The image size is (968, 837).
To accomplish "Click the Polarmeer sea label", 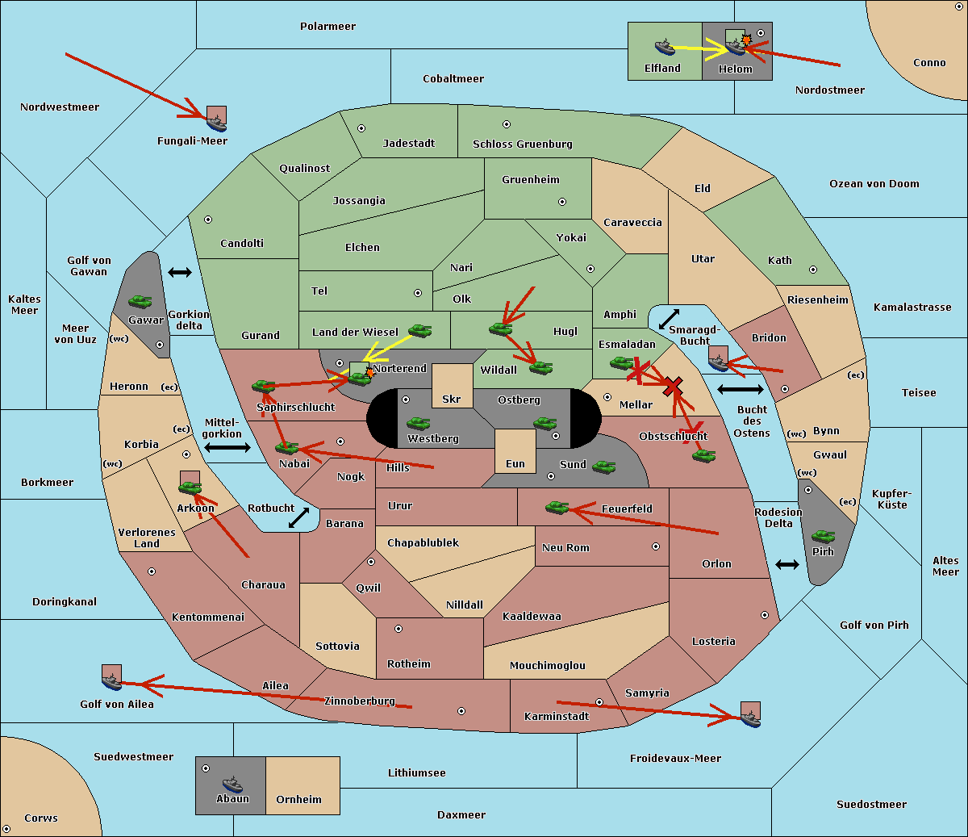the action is coord(328,27).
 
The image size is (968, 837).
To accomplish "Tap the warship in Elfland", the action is coord(665,47).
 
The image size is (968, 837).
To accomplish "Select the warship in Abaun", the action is coord(232,784).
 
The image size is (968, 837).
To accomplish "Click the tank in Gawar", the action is coord(140,301).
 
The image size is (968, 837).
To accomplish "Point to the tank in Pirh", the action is coord(823,536).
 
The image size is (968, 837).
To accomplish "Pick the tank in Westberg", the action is coord(418,424).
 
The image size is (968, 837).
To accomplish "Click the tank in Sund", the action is coord(603,467).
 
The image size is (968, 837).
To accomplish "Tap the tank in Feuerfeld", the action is coord(557,507).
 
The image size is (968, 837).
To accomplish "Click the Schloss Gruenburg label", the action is coord(522,144).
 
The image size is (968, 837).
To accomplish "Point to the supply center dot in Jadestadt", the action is coord(361,128).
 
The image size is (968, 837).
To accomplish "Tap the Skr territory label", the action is coord(451,399).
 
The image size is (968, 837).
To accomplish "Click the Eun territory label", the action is coord(515,463).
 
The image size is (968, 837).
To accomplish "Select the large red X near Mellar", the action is coord(673,387).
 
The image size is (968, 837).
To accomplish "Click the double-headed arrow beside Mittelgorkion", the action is coord(227,447).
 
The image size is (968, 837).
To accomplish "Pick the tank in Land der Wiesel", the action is coord(419,330).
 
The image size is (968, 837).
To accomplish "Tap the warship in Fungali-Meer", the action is coord(216,123).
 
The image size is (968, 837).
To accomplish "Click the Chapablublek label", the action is coord(423,542).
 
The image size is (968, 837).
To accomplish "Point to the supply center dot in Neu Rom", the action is coord(656,546).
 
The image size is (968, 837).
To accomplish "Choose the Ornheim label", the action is coord(298,800).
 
